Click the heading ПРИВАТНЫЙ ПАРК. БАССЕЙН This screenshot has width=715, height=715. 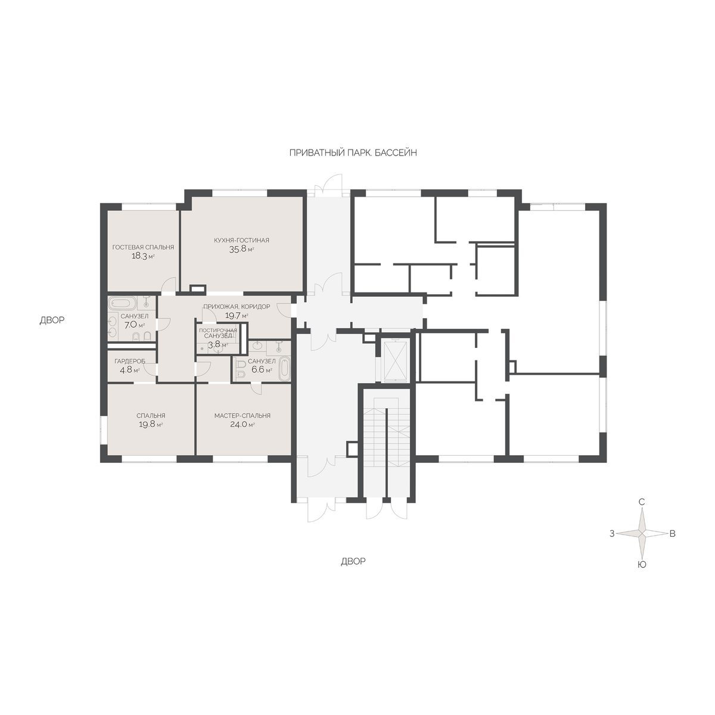pos(353,153)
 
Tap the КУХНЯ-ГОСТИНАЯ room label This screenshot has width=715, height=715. pos(241,240)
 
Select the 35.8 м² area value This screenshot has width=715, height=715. pos(241,249)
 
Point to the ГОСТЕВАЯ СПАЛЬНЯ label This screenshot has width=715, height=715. pos(143,247)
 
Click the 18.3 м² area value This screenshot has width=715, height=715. pos(143,256)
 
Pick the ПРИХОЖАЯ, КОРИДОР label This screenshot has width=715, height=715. pos(237,306)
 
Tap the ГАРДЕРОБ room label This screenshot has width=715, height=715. pos(129,361)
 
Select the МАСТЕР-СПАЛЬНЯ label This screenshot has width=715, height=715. pos(243,415)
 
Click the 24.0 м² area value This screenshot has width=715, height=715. pos(243,425)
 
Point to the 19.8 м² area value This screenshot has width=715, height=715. pos(151,425)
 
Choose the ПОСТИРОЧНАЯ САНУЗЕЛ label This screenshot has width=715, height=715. pos(218,333)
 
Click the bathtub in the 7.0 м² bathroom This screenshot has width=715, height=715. pos(123,303)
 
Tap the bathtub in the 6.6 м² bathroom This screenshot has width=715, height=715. pos(284,368)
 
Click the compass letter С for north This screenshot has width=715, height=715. pos(642,502)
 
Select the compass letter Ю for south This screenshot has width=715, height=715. pos(642,565)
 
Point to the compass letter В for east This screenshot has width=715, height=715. pos(672,534)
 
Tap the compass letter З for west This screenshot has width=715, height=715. pos(613,534)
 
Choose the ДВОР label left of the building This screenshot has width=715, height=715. pos(52,320)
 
